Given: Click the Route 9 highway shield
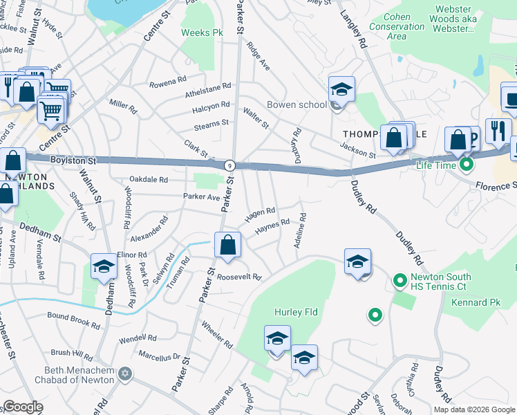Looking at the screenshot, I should coord(228,165).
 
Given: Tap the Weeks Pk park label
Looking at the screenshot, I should coord(202,33).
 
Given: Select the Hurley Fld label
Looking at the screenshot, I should coord(295,312).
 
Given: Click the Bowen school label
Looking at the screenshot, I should coord(304,104).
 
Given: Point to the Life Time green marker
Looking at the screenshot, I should coord(467,165).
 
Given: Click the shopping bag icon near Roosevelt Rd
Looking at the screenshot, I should coord(227,245).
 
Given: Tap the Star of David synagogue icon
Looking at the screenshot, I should coord(124,374).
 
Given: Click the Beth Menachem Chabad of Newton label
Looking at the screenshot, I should coord(79,375).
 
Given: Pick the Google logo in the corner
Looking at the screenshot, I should coord(23,407).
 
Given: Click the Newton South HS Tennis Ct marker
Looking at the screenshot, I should coord(399,280).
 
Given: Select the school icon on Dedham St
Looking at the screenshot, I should coord(104,267).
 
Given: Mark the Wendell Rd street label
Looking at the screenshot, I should coord(138,339).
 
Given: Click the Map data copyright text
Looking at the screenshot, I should coord(474,409).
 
